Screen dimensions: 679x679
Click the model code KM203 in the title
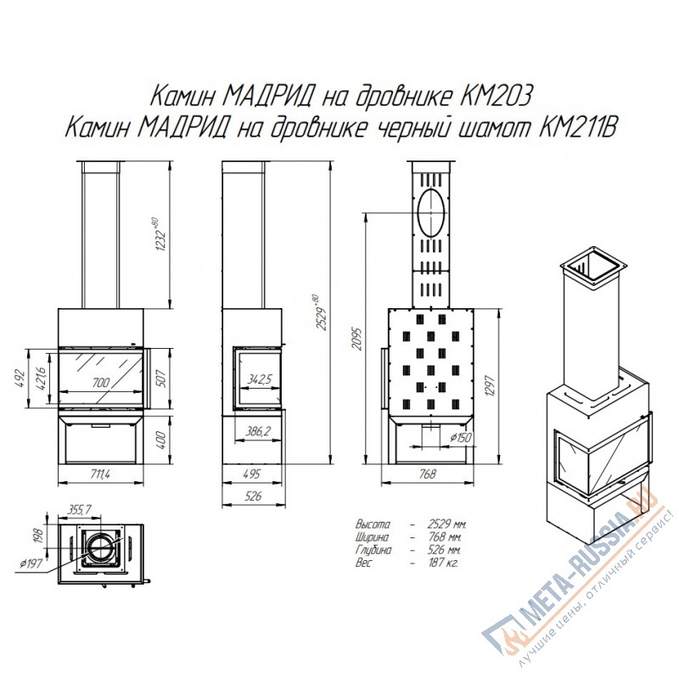(x=494, y=97)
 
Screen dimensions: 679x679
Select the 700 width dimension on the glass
(x=101, y=383)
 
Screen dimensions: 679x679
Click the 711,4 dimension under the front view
(x=100, y=474)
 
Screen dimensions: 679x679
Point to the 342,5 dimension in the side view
(x=260, y=379)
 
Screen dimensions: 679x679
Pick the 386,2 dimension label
(x=258, y=431)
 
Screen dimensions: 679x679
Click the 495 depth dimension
(x=251, y=474)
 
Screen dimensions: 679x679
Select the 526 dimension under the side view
(x=253, y=496)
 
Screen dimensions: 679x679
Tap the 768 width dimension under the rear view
(x=428, y=474)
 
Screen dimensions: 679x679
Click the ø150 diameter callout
(x=460, y=438)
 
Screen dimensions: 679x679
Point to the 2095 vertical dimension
(x=356, y=338)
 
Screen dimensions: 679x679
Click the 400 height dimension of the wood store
(x=161, y=440)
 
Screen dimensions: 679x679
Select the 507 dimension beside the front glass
(x=160, y=378)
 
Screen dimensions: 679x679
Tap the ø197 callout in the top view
(x=31, y=564)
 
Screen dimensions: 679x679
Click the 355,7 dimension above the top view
(x=79, y=510)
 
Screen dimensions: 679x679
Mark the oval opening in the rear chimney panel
(x=431, y=213)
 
